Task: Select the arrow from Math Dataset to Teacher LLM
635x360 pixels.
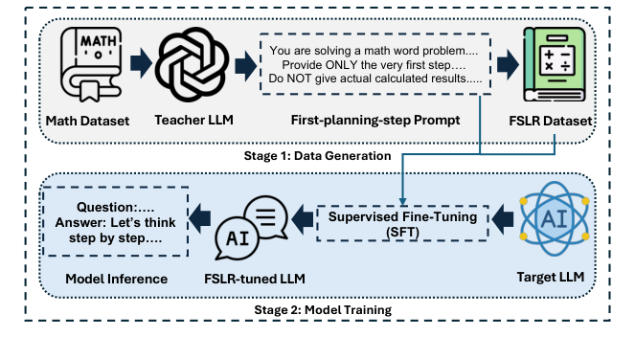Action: point(139,65)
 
